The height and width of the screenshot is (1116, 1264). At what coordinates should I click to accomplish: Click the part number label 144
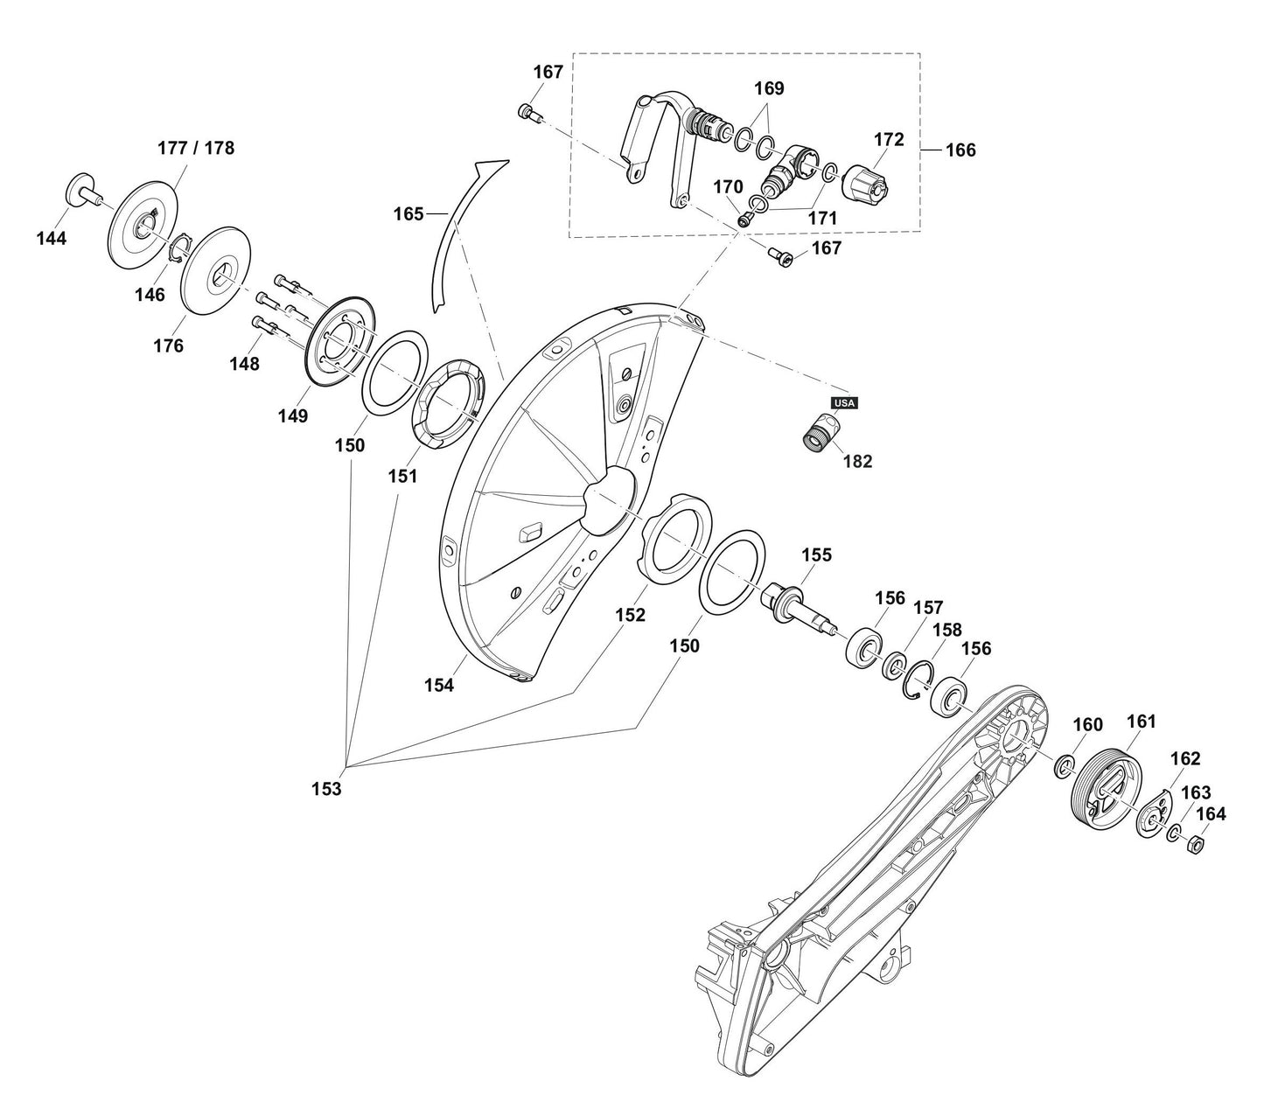pos(52,238)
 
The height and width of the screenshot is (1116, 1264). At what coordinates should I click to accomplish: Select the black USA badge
pos(845,403)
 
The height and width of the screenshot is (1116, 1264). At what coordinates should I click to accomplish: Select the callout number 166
pos(960,150)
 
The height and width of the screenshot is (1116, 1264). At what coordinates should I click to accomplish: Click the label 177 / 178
pos(196,148)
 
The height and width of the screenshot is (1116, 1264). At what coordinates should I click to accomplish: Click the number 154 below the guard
pos(439,686)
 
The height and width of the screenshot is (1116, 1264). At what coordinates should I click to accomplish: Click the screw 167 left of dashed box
pos(527,111)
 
